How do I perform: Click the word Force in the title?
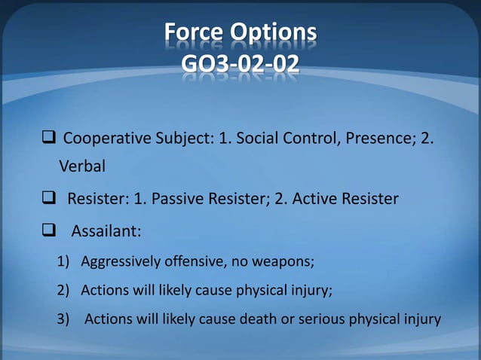pyautogui.click(x=195, y=33)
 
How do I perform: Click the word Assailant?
pyautogui.click(x=106, y=230)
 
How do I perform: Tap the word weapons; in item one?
pyautogui.click(x=287, y=262)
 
